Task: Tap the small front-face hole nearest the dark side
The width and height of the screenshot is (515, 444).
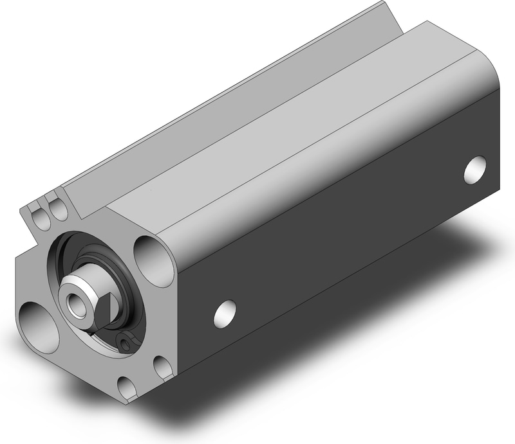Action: pyautogui.click(x=163, y=367)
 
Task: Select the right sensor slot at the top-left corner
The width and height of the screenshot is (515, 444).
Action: pyautogui.click(x=58, y=209)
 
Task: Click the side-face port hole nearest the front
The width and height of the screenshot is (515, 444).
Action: pyautogui.click(x=224, y=312)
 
